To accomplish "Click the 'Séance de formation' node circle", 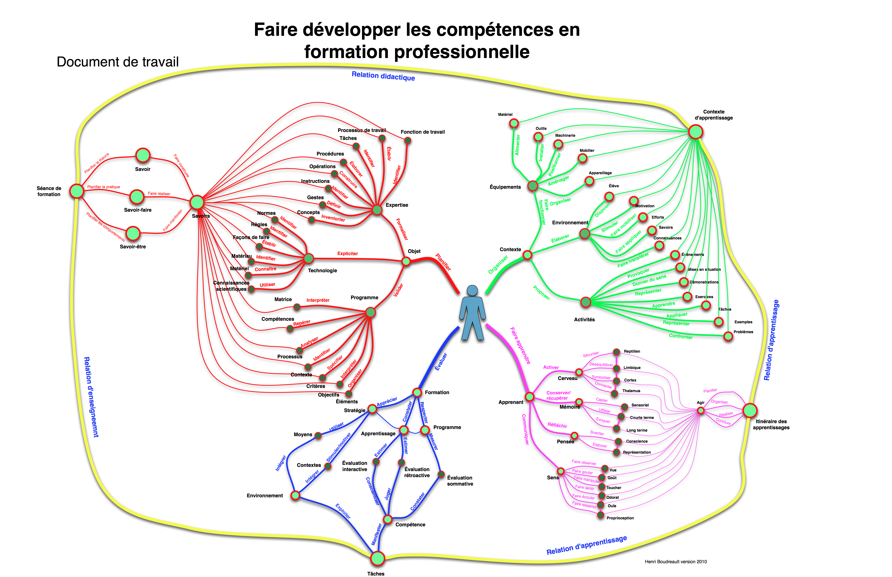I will click(x=77, y=191).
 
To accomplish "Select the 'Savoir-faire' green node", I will click(x=137, y=196).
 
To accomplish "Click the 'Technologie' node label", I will click(x=322, y=271).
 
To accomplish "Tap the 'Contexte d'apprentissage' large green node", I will click(x=696, y=132).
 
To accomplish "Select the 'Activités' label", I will click(x=584, y=320).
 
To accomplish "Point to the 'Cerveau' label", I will click(x=567, y=378).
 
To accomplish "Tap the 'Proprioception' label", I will click(x=620, y=518).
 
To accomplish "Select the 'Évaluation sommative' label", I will click(x=460, y=481).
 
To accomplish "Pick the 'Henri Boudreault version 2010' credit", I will click(x=676, y=562).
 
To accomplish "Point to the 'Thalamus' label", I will click(x=631, y=391).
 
